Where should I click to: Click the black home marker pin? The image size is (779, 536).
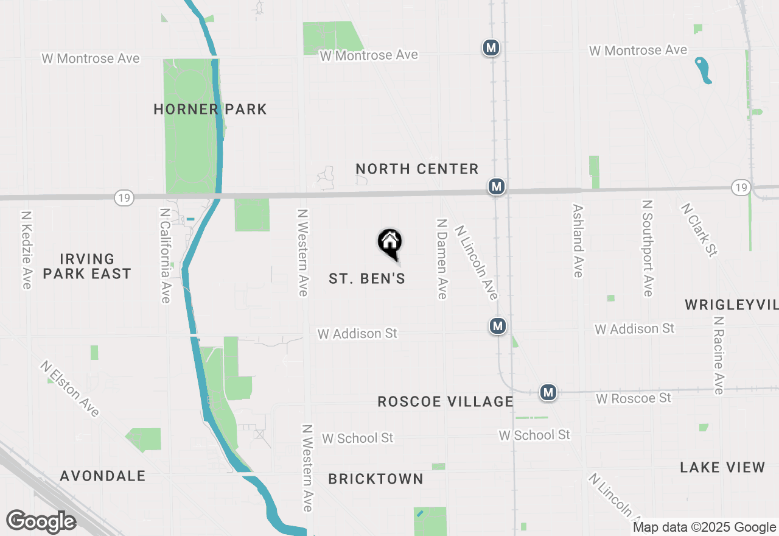[x=389, y=242]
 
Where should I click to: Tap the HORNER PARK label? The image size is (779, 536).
[x=210, y=110]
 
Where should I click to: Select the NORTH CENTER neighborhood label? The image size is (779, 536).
[x=417, y=169]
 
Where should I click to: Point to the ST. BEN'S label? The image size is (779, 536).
[x=367, y=278]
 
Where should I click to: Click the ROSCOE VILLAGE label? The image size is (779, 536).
[x=445, y=401]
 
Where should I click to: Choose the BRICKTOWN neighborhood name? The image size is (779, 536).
[x=376, y=479]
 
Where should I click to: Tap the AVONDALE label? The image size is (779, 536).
[x=103, y=476]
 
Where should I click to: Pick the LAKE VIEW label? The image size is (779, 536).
[x=722, y=467]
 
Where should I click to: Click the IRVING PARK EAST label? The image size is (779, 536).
[x=87, y=267]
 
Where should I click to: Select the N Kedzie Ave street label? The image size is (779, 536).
[x=26, y=250]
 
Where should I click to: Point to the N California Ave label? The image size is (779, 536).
[x=165, y=255]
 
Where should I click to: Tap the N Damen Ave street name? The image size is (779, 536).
[x=442, y=259]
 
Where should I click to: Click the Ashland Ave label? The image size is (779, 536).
[x=578, y=241]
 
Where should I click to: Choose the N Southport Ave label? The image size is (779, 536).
[x=647, y=248]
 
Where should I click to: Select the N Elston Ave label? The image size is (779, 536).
[x=70, y=389]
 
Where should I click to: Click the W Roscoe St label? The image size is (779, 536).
[x=634, y=398]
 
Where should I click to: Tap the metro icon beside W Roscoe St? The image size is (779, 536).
[x=548, y=392]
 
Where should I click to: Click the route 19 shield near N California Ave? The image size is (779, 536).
[x=124, y=197]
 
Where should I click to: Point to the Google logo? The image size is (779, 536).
[x=41, y=521]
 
